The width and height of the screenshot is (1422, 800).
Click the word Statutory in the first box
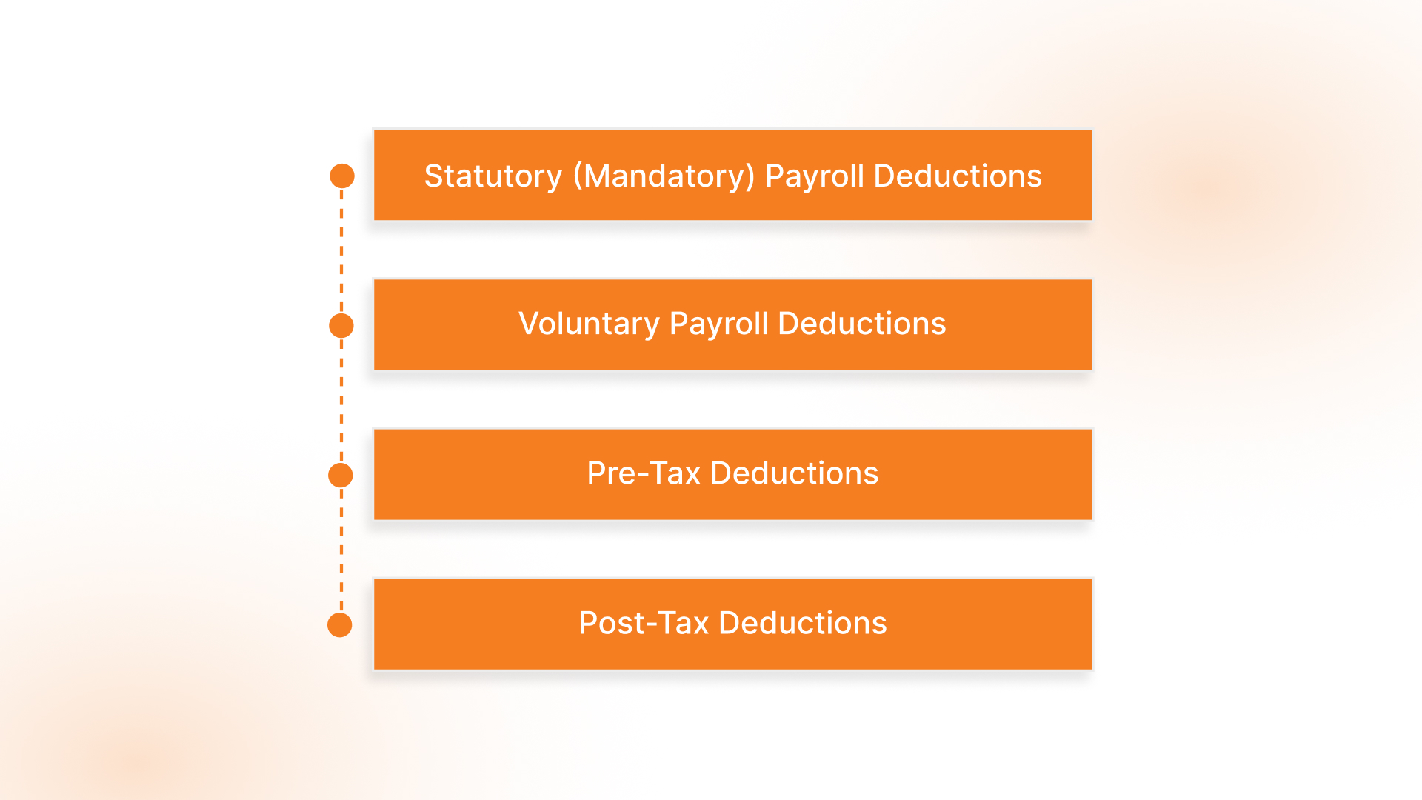493,176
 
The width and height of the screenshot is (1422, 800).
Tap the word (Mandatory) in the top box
664,176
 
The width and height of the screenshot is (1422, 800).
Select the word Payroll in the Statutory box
815,176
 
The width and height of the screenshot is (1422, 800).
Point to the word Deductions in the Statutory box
958,176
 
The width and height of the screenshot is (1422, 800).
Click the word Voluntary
589,324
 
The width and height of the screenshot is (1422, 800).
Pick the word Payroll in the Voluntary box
718,324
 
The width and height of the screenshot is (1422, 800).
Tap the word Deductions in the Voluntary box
862,324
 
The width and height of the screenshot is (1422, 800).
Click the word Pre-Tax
644,473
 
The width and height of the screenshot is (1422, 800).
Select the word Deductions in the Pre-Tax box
794,473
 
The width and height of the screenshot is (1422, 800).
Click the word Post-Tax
644,623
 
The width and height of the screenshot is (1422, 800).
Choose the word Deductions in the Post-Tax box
803,623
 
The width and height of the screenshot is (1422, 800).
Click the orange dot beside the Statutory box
341,176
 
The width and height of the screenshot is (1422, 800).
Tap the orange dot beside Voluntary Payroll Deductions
341,325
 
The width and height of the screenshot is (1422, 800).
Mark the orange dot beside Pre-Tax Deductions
341,475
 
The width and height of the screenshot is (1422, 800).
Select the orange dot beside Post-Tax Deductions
340,624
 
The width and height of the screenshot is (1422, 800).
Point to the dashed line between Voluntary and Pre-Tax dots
341,400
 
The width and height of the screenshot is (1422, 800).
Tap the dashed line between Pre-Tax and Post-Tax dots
341,550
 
